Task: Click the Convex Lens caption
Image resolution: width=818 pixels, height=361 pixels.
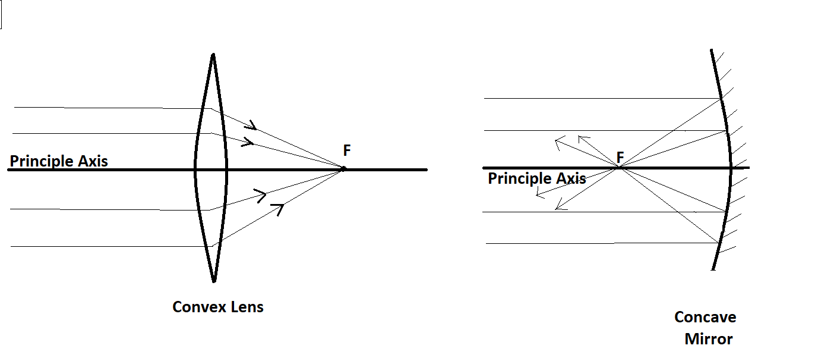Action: point(218,307)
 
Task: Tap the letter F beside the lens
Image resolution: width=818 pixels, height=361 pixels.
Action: point(347,150)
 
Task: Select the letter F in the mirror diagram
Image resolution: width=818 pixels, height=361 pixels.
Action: point(620,158)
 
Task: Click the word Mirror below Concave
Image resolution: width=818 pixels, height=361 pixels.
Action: point(709,339)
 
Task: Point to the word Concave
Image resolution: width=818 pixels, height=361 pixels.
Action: point(705,317)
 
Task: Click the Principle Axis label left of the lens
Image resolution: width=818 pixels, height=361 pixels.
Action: point(59,161)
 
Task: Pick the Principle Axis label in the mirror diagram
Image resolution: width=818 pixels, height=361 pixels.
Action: point(537,178)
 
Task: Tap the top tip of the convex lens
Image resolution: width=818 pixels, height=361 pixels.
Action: point(213,55)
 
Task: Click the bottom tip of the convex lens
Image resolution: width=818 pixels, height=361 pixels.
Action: point(213,281)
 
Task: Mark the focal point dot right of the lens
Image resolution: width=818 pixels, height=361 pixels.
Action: point(343,169)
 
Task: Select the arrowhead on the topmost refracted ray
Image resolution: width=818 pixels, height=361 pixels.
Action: point(253,125)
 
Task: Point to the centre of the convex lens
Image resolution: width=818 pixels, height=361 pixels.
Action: point(210,169)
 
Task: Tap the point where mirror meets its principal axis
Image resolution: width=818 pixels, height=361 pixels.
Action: point(731,168)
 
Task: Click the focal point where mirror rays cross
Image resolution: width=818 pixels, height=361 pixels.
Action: point(620,168)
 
